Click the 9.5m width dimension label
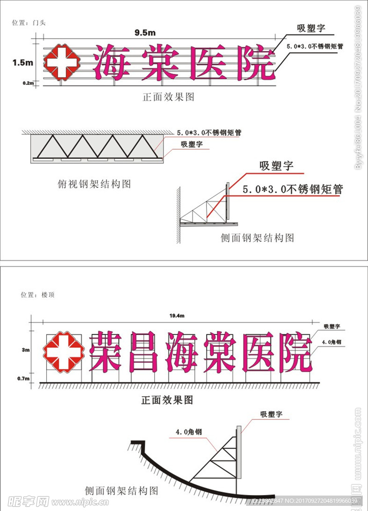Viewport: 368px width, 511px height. tap(145, 32)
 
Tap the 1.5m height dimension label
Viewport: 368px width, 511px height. tap(23, 62)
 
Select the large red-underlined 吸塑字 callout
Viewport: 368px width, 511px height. tap(275, 166)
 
